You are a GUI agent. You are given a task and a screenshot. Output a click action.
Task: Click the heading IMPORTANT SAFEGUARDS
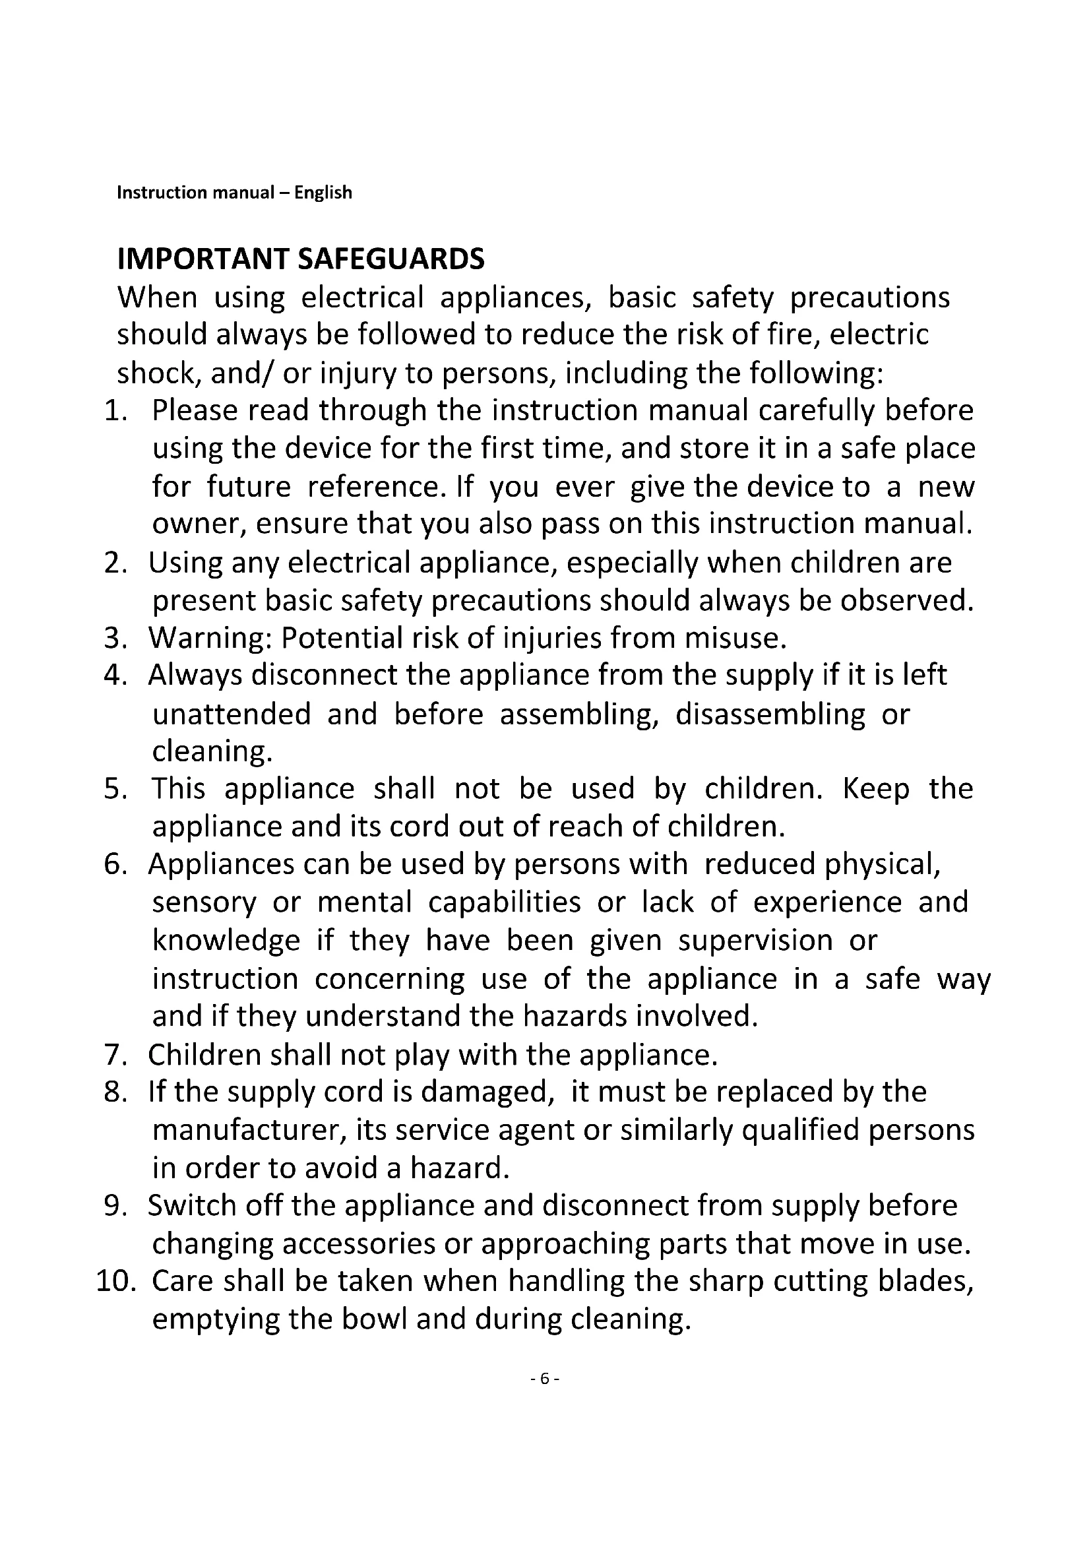(x=300, y=259)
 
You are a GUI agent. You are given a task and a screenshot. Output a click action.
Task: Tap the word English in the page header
(x=323, y=193)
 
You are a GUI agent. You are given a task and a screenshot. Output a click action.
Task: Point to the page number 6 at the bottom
(x=545, y=1378)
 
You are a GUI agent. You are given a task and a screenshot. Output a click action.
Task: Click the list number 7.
(x=115, y=1055)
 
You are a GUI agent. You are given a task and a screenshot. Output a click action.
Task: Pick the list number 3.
(x=115, y=638)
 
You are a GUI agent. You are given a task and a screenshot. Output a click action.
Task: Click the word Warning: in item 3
(x=209, y=638)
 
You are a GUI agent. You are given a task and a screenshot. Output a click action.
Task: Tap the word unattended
(x=231, y=714)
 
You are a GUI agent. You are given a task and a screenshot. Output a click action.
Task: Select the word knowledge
(x=226, y=940)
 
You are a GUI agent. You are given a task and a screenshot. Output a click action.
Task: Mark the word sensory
(x=204, y=902)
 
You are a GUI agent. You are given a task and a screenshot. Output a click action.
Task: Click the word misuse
(x=735, y=638)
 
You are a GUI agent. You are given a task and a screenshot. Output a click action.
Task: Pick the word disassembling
(x=770, y=714)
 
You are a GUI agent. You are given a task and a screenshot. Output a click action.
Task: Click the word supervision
(x=755, y=940)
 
